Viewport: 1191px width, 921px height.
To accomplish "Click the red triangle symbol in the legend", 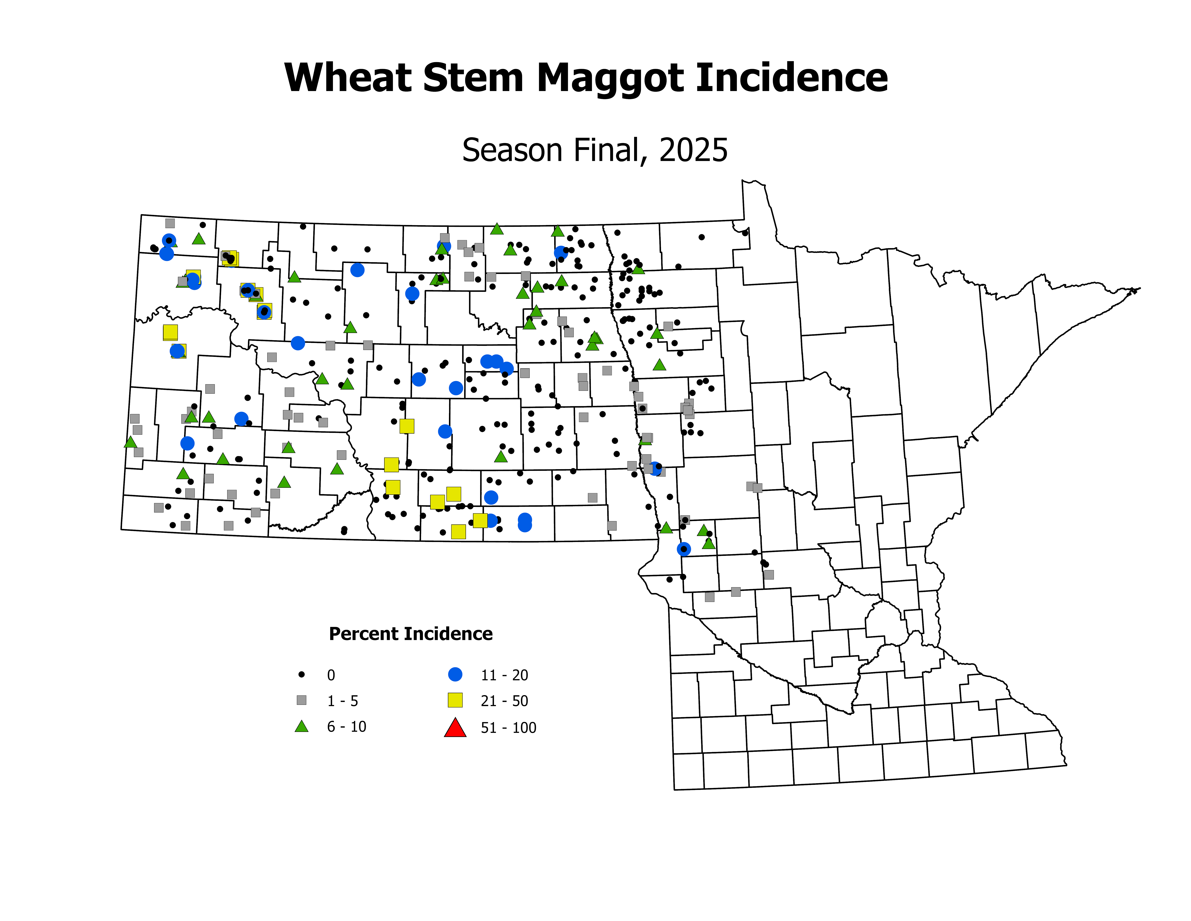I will [455, 728].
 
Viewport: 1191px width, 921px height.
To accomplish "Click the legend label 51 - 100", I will [508, 728].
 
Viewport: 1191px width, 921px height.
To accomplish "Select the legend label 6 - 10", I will [346, 727].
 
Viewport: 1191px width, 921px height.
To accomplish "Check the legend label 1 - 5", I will [343, 701].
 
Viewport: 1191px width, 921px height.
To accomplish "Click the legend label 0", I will [331, 675].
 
